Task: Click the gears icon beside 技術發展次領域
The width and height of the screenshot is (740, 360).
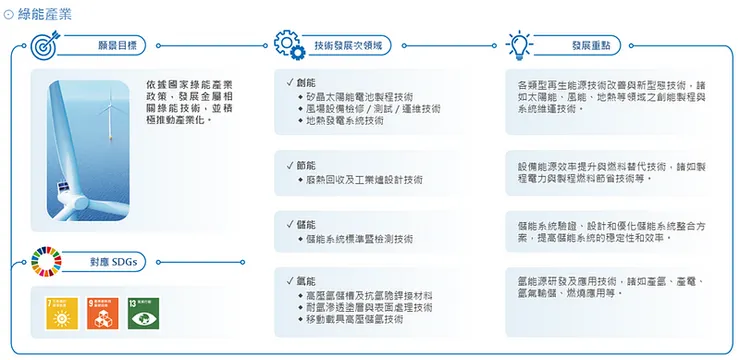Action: pos(287,47)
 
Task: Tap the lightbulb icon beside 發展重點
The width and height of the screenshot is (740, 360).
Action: pos(519,46)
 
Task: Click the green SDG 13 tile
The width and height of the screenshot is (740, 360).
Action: pos(144,314)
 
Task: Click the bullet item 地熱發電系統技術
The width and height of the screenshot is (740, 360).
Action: pos(344,121)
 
